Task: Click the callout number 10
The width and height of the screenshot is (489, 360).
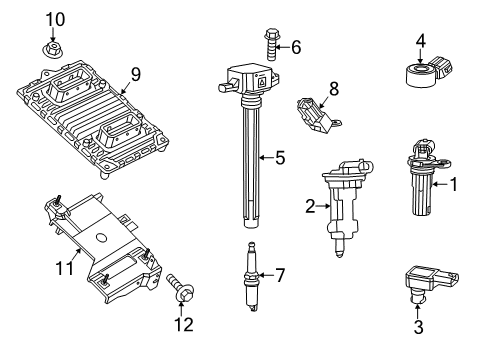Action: click(54, 18)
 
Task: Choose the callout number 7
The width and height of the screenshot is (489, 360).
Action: click(281, 274)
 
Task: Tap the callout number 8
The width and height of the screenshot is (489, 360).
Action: click(334, 88)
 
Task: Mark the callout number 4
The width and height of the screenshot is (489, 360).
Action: click(421, 41)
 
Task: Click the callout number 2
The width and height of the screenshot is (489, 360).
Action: click(310, 206)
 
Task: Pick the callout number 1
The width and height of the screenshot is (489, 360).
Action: click(453, 183)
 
